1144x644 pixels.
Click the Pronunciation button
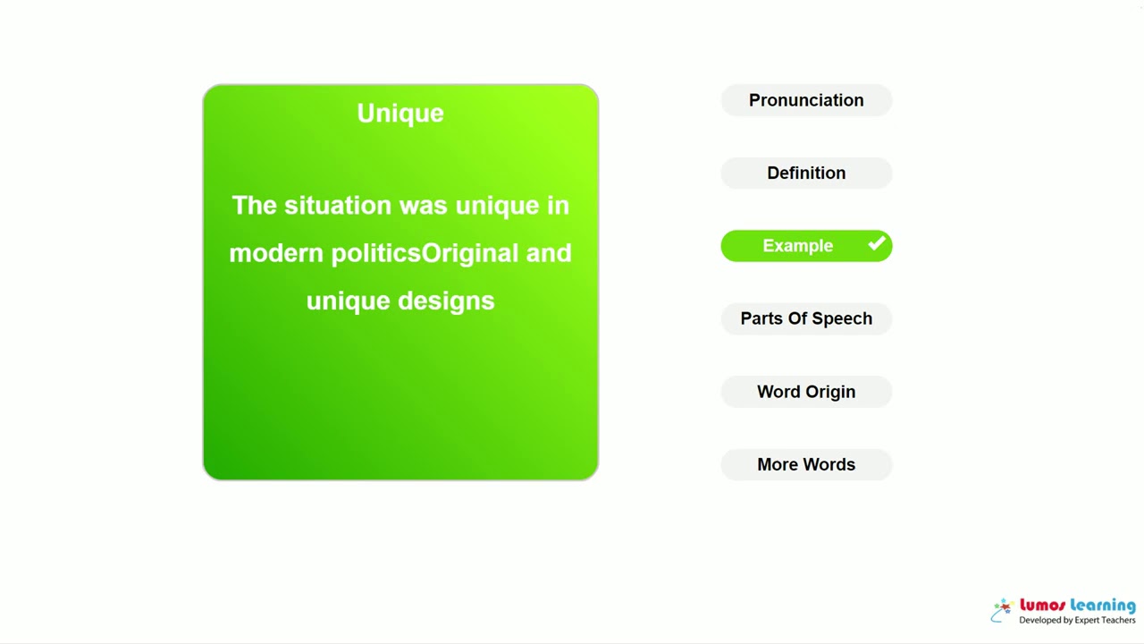806,100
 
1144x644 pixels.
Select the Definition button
806,173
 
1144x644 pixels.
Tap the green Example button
797,246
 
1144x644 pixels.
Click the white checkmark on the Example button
877,243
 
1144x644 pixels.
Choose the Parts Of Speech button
806,318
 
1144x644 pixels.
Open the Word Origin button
806,392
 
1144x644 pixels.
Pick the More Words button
806,464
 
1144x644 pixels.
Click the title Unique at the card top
400,113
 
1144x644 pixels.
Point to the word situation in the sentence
338,206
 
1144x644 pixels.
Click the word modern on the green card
276,253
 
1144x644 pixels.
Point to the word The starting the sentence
254,206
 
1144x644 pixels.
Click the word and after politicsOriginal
549,253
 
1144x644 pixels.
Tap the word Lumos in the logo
1042,606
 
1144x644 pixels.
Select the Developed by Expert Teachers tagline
1077,621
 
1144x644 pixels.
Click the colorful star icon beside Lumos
1003,610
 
